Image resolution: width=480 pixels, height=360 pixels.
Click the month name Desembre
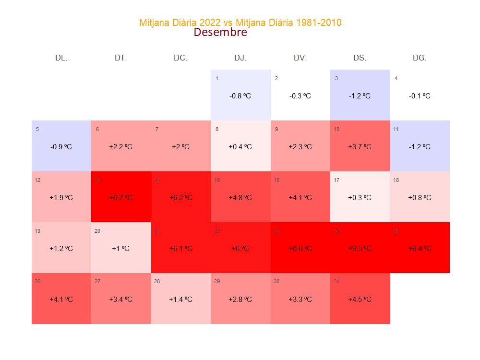[220, 33]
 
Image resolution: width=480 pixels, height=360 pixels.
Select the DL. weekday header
[61, 58]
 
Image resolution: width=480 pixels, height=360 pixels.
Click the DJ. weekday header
[240, 58]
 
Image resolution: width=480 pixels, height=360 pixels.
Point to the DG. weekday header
[420, 58]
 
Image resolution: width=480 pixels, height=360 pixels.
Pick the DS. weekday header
[360, 58]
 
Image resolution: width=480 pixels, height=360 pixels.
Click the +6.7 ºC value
[121, 198]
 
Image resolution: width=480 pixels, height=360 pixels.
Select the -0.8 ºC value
[240, 96]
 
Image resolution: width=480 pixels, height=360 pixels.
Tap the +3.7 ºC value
[360, 147]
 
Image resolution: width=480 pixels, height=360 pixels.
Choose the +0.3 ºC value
[360, 198]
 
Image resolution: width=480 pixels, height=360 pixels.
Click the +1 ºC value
[121, 249]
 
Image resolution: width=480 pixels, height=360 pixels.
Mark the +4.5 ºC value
[360, 300]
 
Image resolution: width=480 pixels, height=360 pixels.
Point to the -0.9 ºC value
[61, 147]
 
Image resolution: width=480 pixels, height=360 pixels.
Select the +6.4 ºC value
[420, 249]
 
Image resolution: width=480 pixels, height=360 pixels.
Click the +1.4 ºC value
[180, 300]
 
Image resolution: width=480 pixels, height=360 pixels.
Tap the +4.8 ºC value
[240, 198]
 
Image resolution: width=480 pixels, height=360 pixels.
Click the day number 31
[336, 281]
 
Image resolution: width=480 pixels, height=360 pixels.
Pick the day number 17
[336, 180]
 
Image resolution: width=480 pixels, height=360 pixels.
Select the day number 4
[396, 78]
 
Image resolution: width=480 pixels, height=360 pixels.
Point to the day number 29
[217, 281]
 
